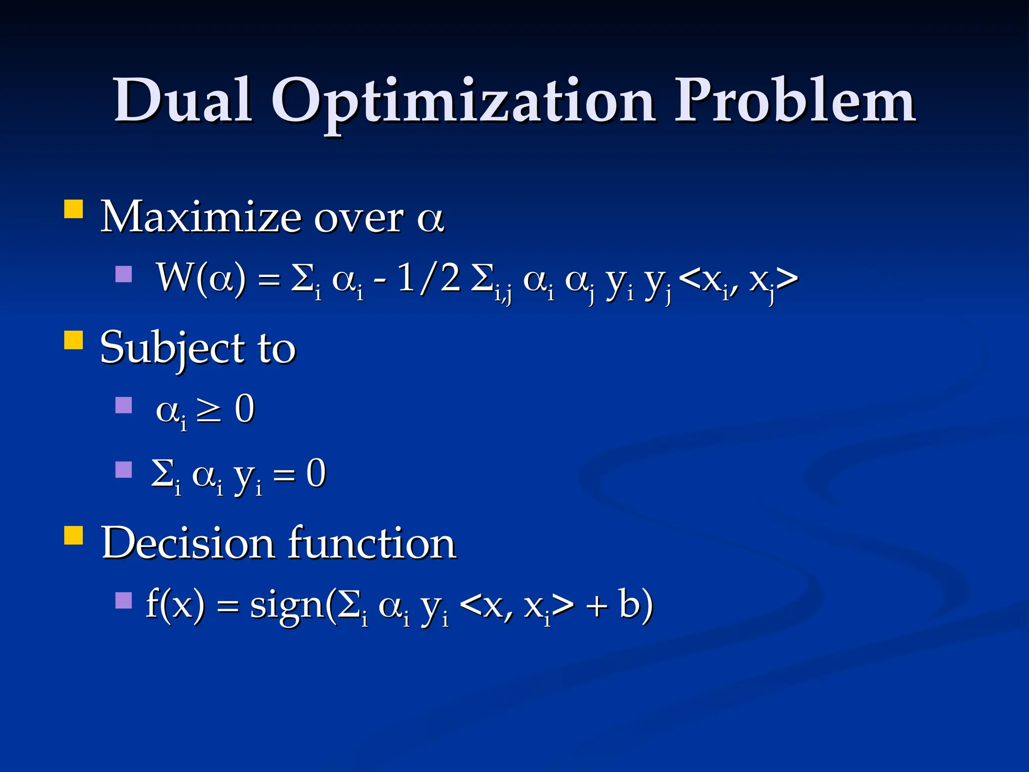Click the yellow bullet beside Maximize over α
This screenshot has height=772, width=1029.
tap(73, 209)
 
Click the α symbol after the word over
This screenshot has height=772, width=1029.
tap(431, 219)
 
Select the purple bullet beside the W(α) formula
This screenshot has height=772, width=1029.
tap(123, 274)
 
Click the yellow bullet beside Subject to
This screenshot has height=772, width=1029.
tap(73, 340)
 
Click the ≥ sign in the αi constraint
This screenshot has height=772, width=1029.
tap(208, 410)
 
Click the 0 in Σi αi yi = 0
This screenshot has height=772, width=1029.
tap(316, 473)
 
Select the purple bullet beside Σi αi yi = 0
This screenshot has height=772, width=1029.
tap(123, 469)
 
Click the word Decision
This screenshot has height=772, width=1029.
tap(188, 543)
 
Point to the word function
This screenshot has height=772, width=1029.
tap(372, 543)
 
